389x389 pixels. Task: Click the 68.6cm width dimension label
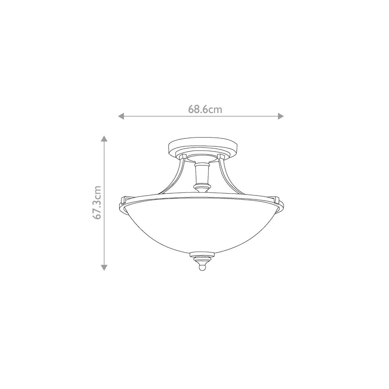(x=205, y=110)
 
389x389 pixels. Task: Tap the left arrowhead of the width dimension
(x=121, y=116)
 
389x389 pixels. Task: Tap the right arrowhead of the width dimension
(x=281, y=116)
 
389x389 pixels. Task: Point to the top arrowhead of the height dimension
(x=104, y=138)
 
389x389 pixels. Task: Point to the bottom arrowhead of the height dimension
(x=104, y=268)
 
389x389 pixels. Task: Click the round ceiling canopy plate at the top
(x=203, y=146)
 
